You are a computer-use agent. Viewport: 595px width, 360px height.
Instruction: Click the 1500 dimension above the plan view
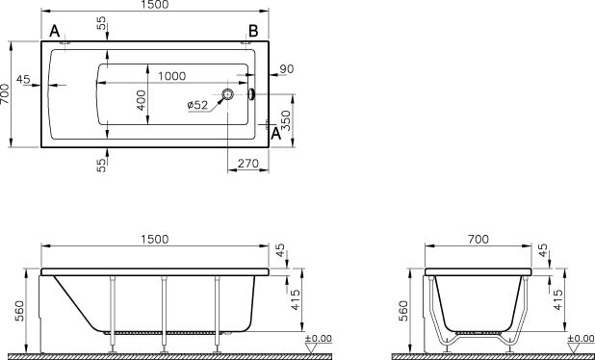154,5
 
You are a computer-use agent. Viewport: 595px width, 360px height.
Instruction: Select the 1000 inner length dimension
172,76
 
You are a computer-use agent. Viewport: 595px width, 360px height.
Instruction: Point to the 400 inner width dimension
142,100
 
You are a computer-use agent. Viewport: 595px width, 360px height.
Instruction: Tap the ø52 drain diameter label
197,105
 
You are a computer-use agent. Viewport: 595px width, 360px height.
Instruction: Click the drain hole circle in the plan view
227,94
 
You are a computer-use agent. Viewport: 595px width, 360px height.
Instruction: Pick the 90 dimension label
287,69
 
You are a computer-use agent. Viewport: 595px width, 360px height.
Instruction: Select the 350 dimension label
287,120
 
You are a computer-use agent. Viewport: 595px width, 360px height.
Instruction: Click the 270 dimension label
248,164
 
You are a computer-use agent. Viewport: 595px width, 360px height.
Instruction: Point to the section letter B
253,31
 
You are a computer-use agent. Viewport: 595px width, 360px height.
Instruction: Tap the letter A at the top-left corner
55,31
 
